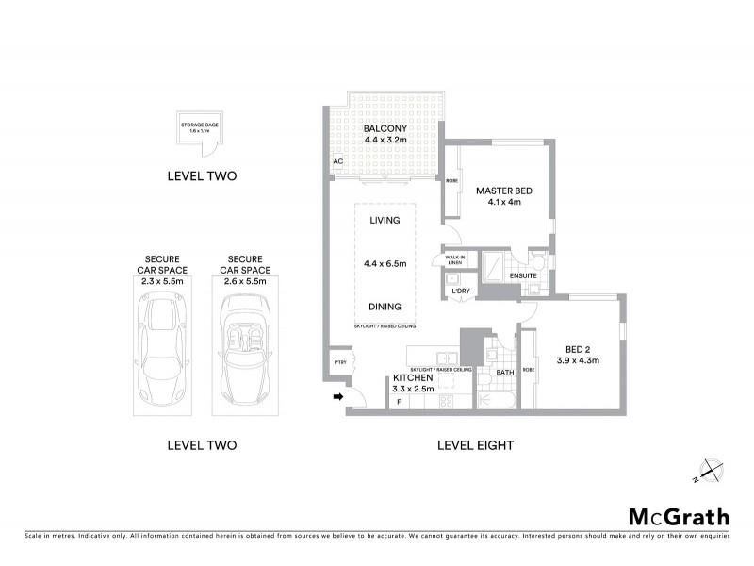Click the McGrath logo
pos(679,516)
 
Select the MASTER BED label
pos(503,191)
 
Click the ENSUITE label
pos(521,275)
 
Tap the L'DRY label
pos(461,291)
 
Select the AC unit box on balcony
pos(337,162)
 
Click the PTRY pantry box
pos(338,362)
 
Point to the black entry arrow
pos(336,398)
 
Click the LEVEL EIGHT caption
pos(476,445)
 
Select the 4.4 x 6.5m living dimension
pos(385,263)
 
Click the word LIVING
pos(385,220)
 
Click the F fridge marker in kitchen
pos(398,402)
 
